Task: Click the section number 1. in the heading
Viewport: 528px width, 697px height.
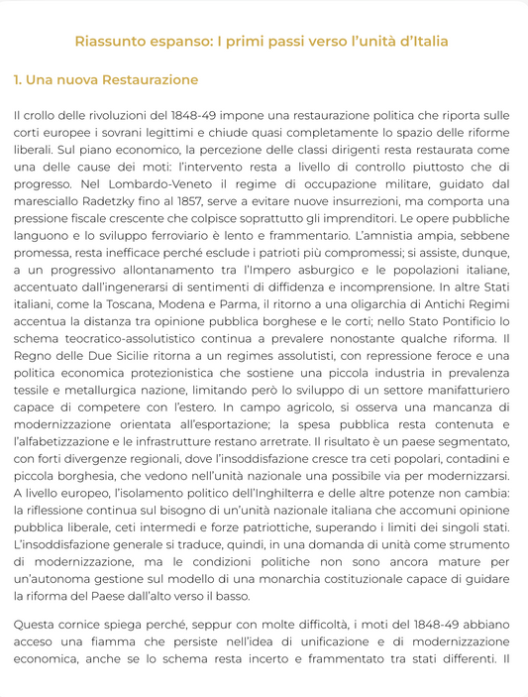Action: [20, 79]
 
